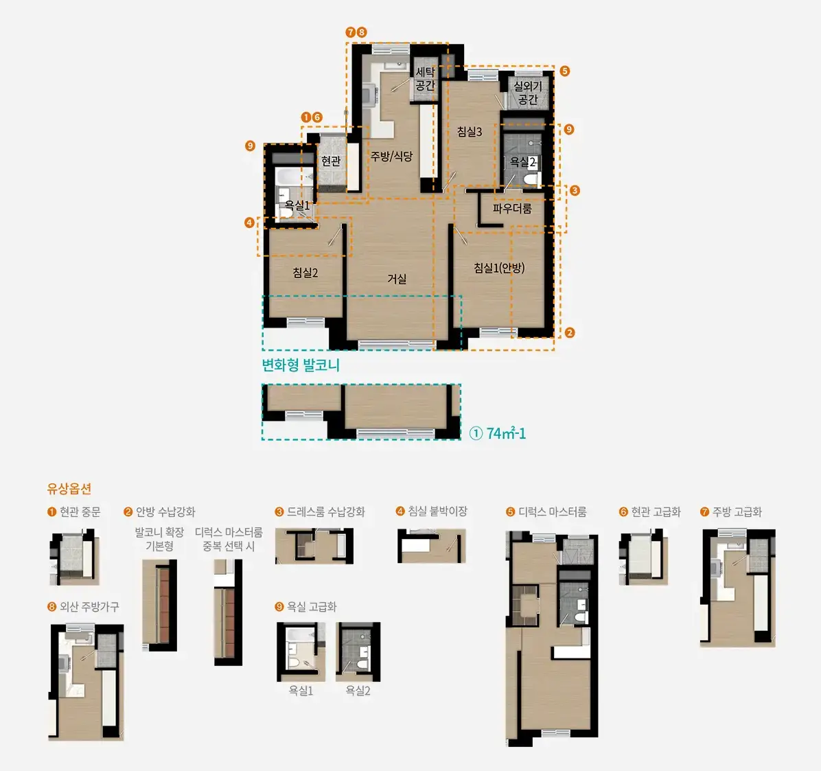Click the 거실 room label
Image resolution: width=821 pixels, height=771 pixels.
pos(397,279)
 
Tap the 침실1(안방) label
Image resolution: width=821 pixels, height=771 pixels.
pos(499,268)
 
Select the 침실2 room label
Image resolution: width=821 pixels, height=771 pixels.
pos(305,273)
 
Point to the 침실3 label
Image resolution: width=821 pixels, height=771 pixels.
pos(469,131)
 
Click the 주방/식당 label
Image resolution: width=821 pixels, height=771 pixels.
pos(392,156)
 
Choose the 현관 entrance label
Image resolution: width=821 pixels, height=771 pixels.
pos(331,161)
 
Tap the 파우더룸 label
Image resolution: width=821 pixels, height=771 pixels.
pos(512,209)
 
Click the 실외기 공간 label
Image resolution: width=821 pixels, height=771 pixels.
pos(528,92)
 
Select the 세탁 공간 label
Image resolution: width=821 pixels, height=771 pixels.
pos(425,78)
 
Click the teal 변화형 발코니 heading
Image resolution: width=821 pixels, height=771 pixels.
pos(301,365)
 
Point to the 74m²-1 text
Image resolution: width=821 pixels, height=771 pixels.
pos(506,434)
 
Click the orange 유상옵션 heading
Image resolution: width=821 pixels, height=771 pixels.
pos(69,489)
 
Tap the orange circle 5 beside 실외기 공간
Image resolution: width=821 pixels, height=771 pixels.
pos(564,71)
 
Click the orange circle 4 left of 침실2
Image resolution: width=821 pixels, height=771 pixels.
pos(249,222)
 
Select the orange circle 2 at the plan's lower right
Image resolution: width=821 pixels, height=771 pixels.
pos(570,332)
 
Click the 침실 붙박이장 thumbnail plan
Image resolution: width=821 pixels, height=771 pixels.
pos(432,546)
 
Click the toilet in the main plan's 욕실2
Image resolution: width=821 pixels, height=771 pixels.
pos(531,180)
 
